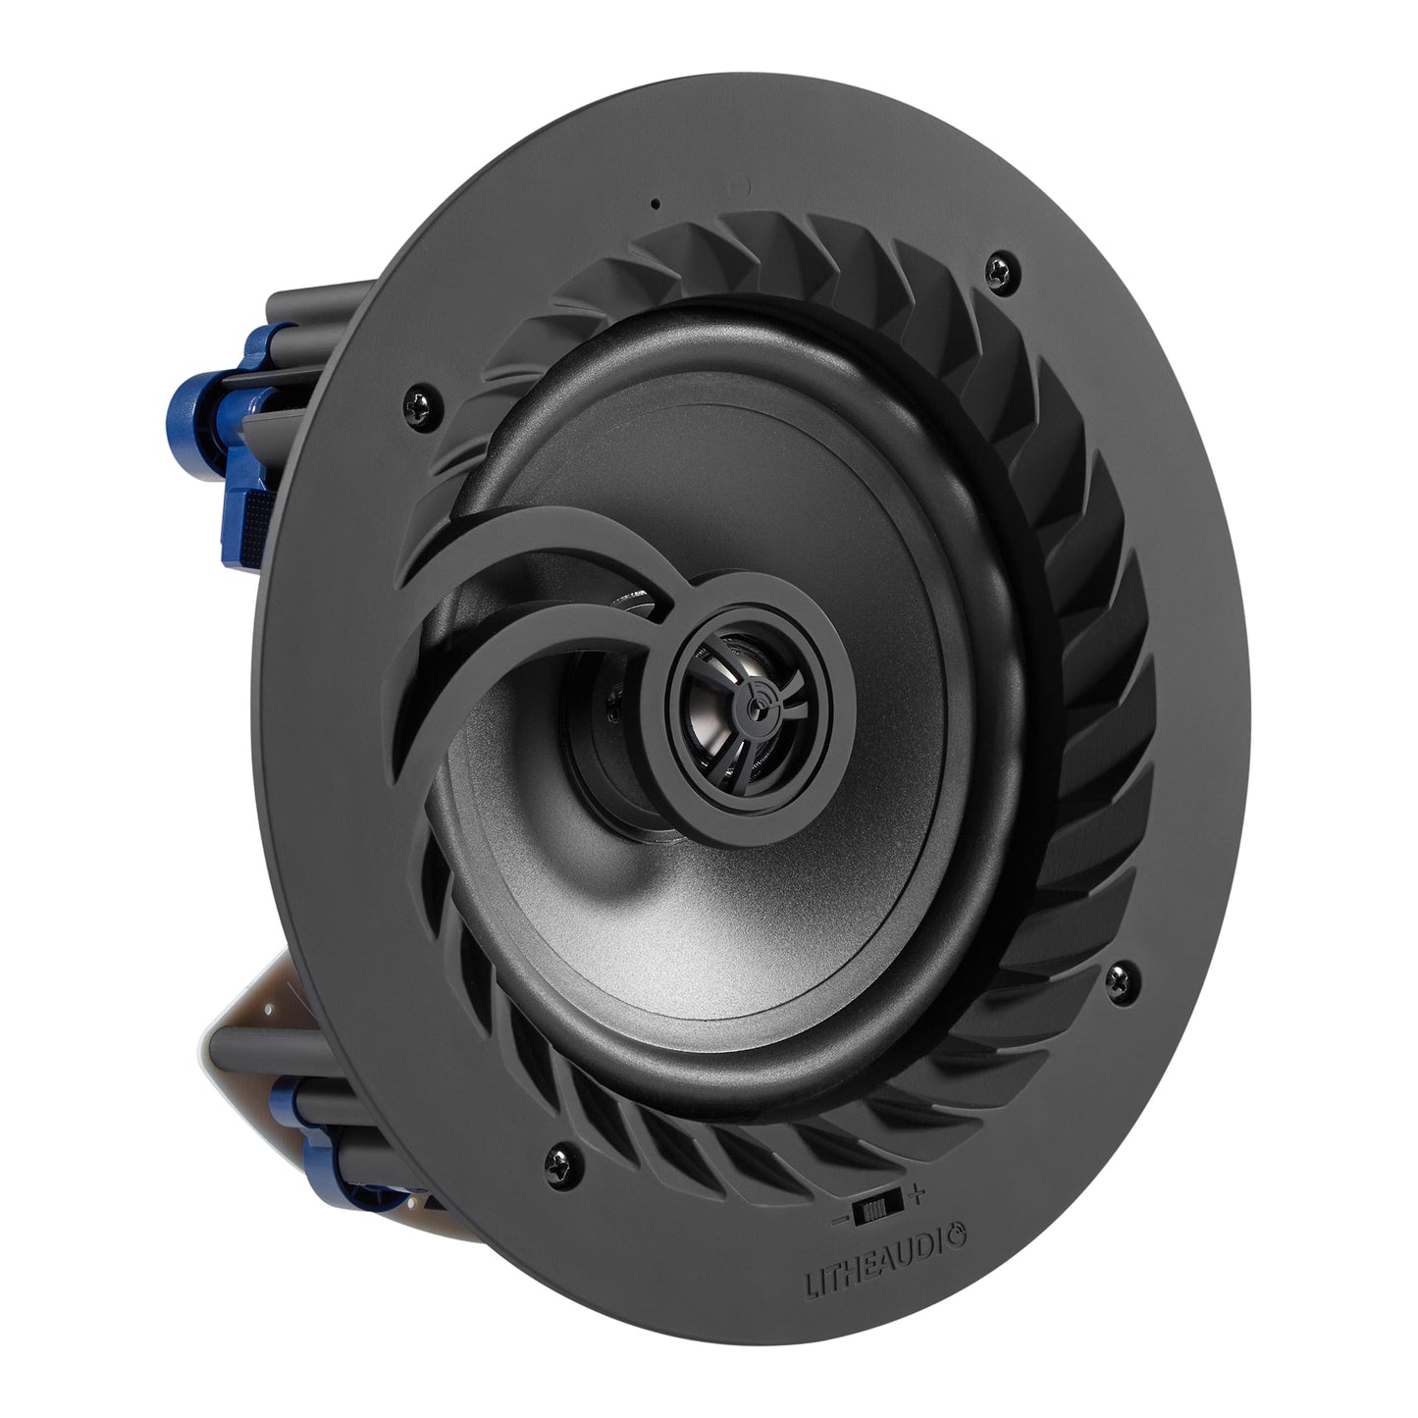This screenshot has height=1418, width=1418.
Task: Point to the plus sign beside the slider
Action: click(x=917, y=1195)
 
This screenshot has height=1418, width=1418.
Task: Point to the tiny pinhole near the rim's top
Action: click(x=655, y=206)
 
